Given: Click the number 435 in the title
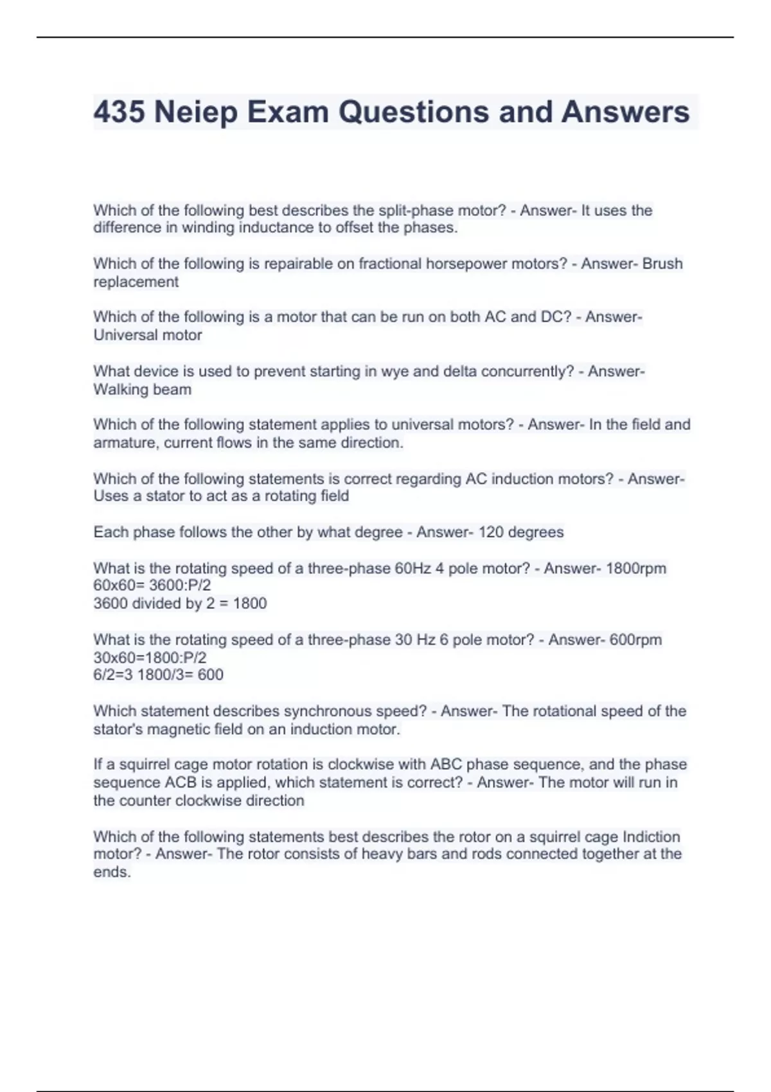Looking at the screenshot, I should [119, 112].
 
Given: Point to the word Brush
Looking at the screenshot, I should [662, 264].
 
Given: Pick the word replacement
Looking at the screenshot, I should [136, 282].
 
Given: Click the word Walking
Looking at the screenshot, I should [120, 390].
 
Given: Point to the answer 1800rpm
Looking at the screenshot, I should [635, 568].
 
